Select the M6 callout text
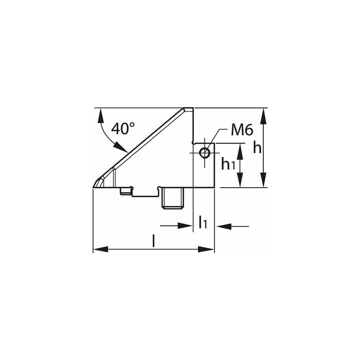coord(242,130)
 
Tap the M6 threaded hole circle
coord(204,153)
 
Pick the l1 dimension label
coord(203,222)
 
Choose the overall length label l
coord(154,241)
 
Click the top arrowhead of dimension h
coord(264,116)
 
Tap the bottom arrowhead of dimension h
coord(264,179)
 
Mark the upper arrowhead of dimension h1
coord(240,152)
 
